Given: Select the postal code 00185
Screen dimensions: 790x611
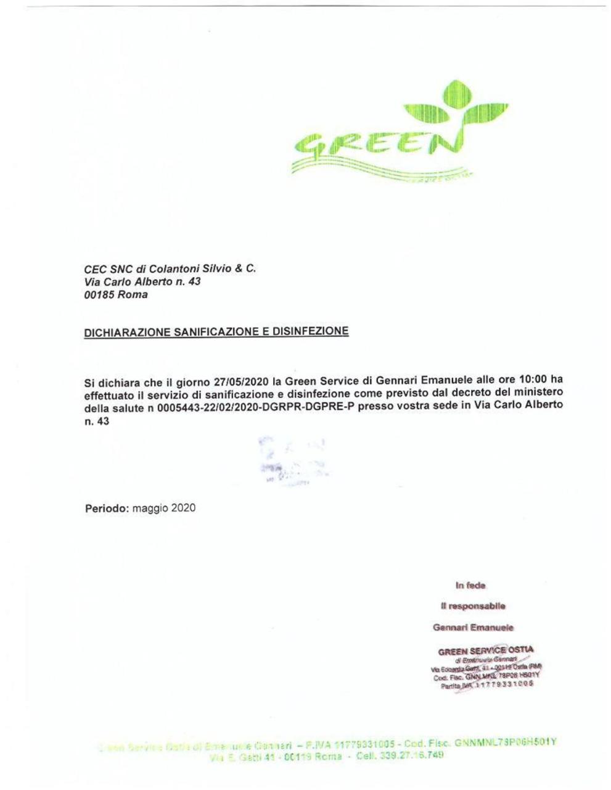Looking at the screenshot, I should pos(98,295).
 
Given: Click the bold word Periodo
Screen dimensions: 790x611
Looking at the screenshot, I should pos(107,509).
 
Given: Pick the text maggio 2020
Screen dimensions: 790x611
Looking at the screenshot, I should pos(164,509).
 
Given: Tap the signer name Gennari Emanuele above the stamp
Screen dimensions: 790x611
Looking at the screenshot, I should pos(474,628).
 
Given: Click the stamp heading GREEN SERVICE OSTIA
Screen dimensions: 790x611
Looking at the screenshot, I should pos(486,651).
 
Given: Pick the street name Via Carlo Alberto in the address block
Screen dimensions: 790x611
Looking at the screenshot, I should pos(126,282).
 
